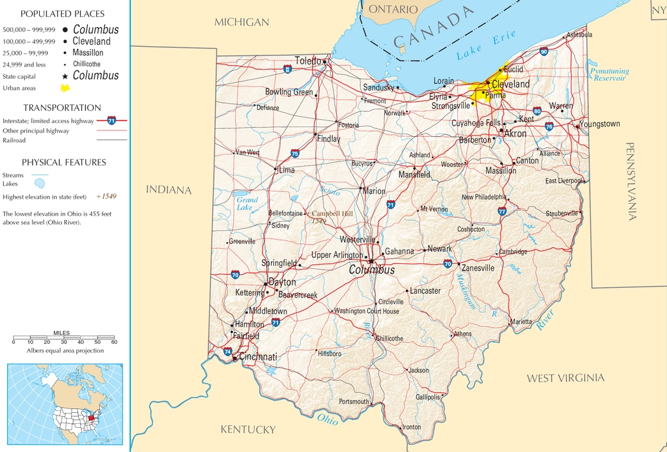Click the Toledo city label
[307, 61]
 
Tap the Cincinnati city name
[258, 357]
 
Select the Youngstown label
[600, 124]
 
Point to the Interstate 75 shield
[295, 153]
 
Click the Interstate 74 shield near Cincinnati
[227, 351]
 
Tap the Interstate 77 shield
[502, 211]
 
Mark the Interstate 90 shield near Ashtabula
[543, 51]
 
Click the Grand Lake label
[246, 203]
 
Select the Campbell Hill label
[332, 214]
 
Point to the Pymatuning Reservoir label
[610, 74]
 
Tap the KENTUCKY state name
[248, 429]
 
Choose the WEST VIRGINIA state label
[565, 378]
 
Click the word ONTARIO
[393, 9]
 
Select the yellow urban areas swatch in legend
[65, 88]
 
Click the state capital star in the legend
[65, 76]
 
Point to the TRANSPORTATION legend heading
[63, 107]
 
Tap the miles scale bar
[64, 340]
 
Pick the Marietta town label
[520, 322]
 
